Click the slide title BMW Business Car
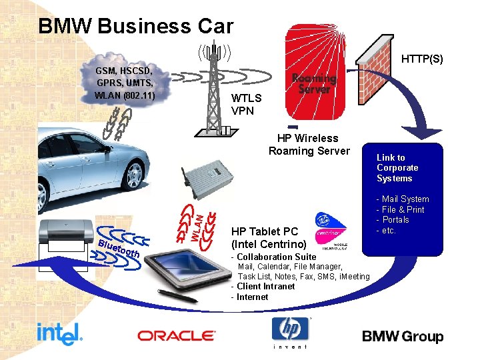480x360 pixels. click(136, 27)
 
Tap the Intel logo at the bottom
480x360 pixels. click(59, 333)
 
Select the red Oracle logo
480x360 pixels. click(176, 336)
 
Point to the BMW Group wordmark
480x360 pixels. click(403, 336)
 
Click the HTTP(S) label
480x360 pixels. click(422, 59)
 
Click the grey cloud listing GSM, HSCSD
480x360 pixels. click(125, 82)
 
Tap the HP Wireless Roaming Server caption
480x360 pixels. click(309, 145)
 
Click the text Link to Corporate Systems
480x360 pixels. click(397, 168)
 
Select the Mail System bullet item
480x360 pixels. click(405, 199)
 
